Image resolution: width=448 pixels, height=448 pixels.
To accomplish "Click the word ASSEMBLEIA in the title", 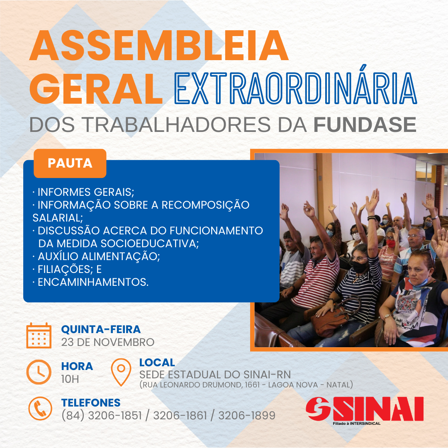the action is point(159,46).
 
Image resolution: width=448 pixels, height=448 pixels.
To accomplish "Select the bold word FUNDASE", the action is point(365,124).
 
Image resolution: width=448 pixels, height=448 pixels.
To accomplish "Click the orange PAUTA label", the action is point(70,163).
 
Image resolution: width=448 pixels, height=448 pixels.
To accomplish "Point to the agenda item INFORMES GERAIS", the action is point(83,192).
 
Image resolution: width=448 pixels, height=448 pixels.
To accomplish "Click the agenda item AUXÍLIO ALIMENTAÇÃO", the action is point(96,256).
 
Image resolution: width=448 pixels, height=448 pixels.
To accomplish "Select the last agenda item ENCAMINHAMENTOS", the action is point(90,282).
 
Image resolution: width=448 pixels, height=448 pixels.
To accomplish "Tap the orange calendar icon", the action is point(39,336).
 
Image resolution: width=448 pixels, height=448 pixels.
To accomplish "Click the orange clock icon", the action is point(39,372).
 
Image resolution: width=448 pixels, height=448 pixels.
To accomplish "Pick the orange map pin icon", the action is point(121,372).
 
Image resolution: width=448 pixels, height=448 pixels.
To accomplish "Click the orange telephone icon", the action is point(40,408).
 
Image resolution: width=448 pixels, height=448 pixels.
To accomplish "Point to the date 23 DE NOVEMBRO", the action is point(108,342).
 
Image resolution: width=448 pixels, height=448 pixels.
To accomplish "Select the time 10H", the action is point(70,379).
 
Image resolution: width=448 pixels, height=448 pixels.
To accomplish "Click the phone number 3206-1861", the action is point(180,415).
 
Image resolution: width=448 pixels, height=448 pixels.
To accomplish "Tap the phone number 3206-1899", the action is point(247,415).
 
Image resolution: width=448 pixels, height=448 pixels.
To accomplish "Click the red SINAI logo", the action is point(365,409).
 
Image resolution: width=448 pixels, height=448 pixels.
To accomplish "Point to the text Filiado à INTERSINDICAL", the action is point(357,424).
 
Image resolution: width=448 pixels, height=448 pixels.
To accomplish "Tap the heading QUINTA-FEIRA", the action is point(101,329).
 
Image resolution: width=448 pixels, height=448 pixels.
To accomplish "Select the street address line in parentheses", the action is point(246,385).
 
